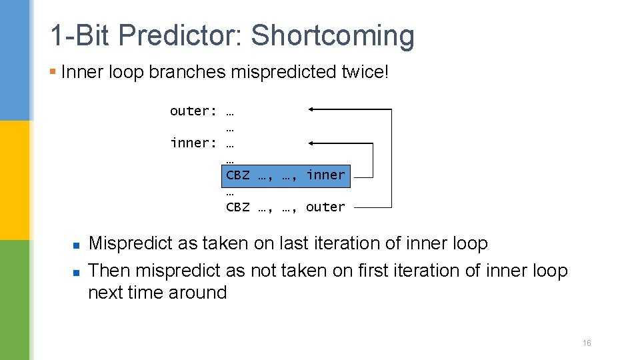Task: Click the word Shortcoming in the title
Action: tap(332, 36)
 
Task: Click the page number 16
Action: tap(587, 343)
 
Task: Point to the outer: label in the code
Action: tap(193, 111)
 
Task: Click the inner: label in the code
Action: tap(193, 143)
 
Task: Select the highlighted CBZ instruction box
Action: tap(285, 175)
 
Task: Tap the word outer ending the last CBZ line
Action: tap(325, 207)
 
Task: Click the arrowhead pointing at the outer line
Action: tap(312, 109)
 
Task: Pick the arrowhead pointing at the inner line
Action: tap(312, 142)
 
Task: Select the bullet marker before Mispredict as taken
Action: tap(77, 245)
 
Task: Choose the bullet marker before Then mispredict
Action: tap(77, 272)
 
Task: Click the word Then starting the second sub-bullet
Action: tap(109, 271)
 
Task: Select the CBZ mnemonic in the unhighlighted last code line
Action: tap(238, 207)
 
